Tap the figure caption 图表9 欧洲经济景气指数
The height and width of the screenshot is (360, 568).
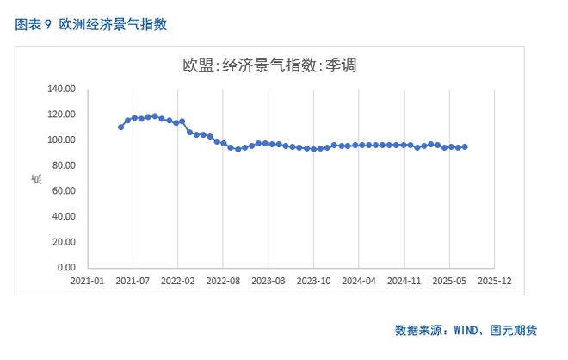tap(91, 24)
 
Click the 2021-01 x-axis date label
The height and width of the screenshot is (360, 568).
tap(87, 281)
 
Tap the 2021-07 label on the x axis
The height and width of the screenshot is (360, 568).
tap(133, 281)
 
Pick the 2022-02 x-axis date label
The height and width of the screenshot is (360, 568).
tap(177, 281)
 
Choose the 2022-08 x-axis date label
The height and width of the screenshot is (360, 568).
tap(223, 281)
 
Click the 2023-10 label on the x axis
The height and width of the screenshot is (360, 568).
tap(313, 281)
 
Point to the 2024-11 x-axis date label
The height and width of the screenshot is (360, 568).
tap(404, 281)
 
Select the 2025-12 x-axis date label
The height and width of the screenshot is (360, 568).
tap(494, 281)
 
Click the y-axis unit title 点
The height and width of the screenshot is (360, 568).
tap(36, 178)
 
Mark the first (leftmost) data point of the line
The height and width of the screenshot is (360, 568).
tap(121, 127)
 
